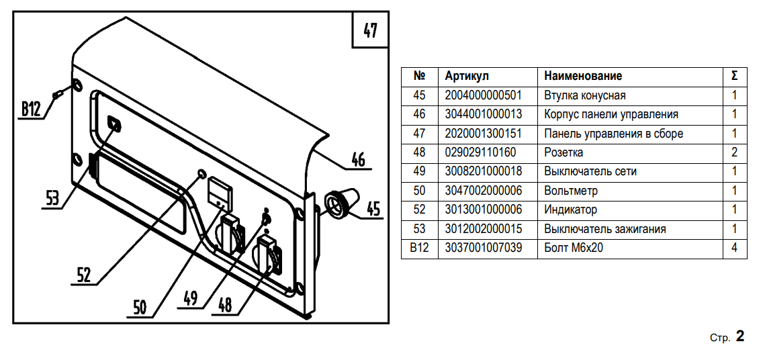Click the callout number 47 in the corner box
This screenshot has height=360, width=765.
[370, 31]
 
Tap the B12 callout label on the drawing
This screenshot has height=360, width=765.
[31, 109]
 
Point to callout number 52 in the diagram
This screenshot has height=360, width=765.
[83, 273]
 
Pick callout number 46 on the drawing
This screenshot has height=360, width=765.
[358, 160]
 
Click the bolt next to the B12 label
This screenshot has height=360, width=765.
[58, 95]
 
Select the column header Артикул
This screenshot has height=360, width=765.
[467, 76]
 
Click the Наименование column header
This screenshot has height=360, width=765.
[583, 76]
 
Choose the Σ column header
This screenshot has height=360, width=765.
[734, 76]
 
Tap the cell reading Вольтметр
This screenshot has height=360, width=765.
[570, 191]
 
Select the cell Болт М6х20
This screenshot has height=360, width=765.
[572, 248]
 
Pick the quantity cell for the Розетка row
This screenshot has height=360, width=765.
[734, 152]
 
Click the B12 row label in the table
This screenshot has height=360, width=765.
[419, 248]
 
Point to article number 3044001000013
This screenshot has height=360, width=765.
[483, 114]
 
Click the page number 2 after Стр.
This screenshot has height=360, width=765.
[740, 336]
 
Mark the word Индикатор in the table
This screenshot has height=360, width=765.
[570, 210]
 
